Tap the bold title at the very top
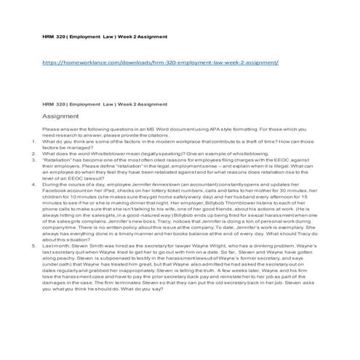tap(105, 36)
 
